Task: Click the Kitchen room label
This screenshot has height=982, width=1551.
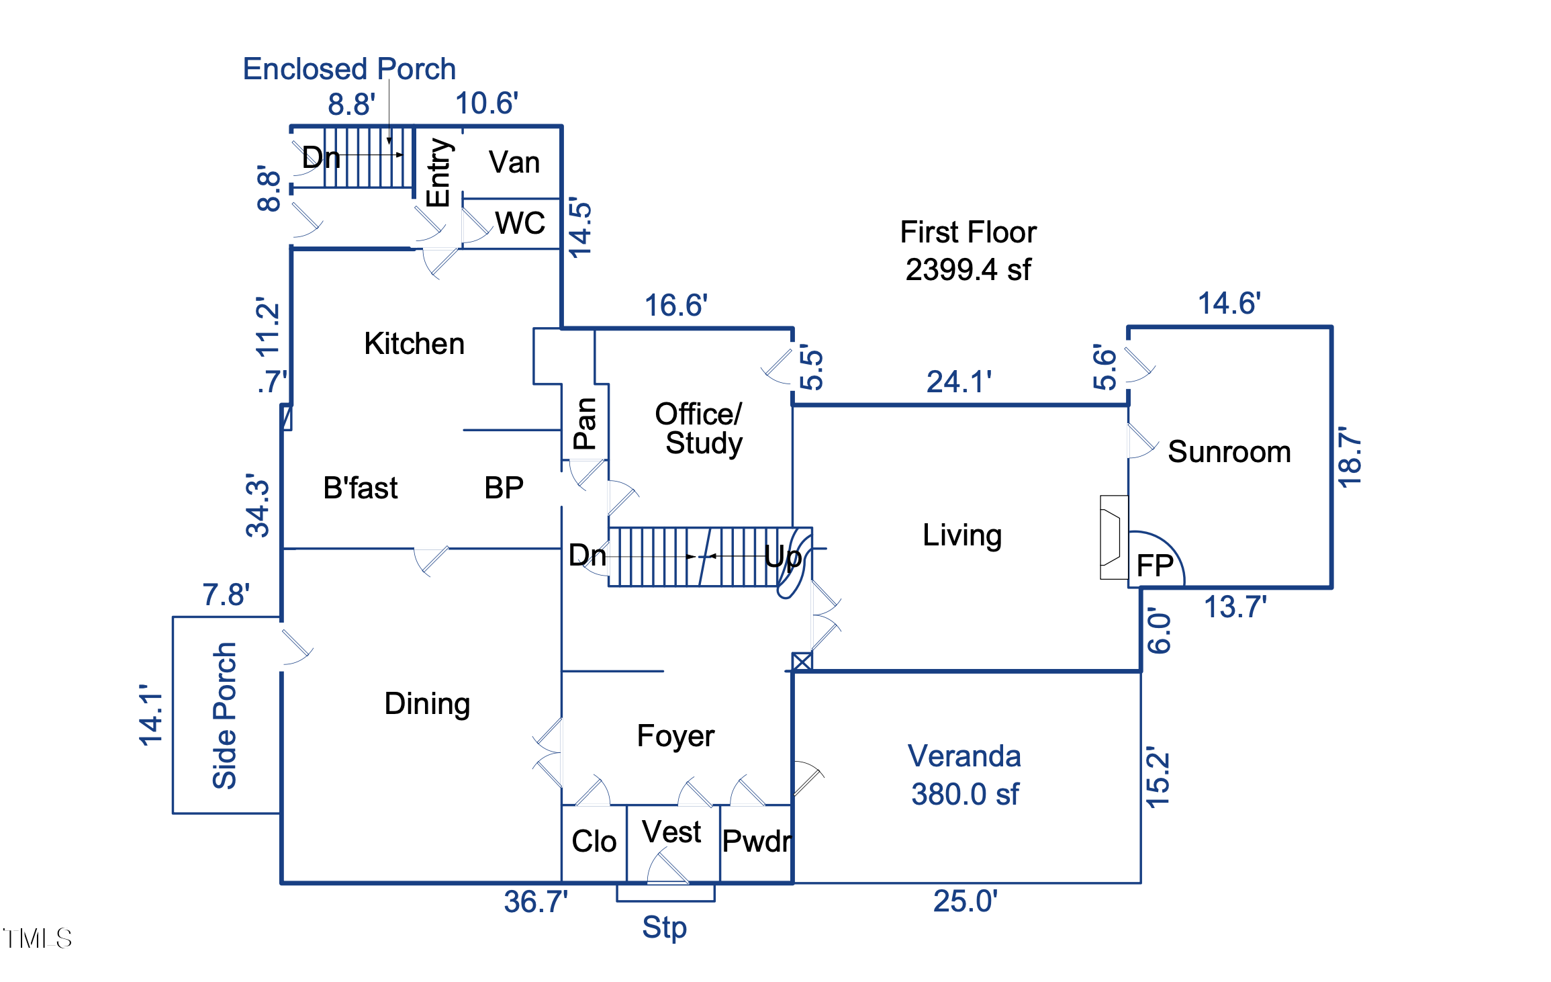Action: coord(414,344)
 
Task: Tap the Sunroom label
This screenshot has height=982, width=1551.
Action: coord(1229,452)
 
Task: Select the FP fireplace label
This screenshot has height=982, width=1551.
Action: coord(1155,566)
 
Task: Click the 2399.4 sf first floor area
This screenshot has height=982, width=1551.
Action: coord(968,270)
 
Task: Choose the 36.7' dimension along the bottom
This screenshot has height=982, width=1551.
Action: coord(535,901)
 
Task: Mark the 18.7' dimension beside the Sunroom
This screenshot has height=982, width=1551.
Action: coord(1350,457)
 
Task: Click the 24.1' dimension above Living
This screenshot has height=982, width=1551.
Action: coord(959,382)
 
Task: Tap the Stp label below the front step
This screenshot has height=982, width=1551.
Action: coord(664,928)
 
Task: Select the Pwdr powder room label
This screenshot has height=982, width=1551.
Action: coord(757,842)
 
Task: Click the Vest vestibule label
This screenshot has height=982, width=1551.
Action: coord(671,832)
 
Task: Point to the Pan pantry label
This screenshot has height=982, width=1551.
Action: coord(585,423)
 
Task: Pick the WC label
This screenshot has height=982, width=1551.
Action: coord(520,223)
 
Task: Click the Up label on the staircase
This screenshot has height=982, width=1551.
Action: coord(783,557)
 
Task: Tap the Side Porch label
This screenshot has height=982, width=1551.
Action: coord(225,715)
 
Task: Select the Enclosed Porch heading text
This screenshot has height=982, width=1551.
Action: coord(349,69)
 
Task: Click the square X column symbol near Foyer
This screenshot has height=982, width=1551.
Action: coord(802,662)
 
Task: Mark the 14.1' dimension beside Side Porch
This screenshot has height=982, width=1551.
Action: coord(151,715)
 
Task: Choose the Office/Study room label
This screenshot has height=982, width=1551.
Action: coord(700,429)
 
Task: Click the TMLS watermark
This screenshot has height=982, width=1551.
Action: coord(38,938)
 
